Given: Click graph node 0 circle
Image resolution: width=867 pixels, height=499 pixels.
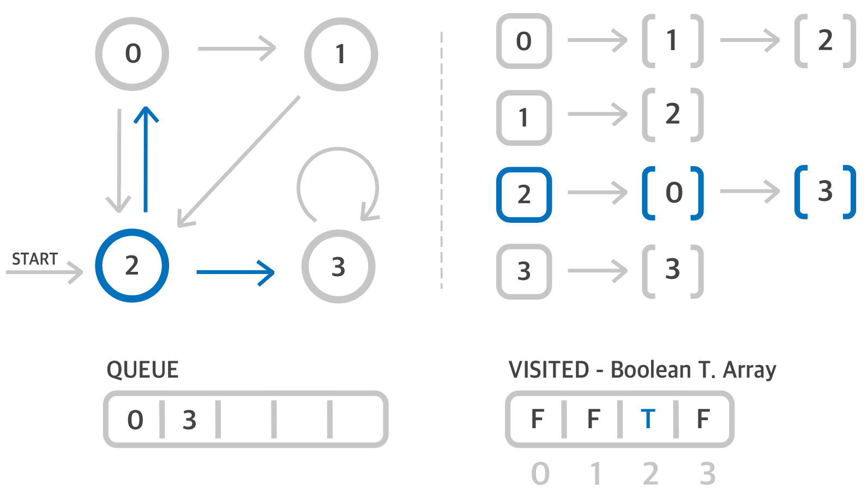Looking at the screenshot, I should (x=133, y=54).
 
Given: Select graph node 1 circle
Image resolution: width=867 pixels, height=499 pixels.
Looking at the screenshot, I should (x=341, y=54).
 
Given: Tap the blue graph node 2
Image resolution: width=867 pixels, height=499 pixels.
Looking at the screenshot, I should (x=132, y=265).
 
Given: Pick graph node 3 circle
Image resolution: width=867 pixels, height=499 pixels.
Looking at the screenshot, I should (x=339, y=266).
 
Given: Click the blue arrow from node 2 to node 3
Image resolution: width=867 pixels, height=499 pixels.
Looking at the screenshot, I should (x=235, y=272).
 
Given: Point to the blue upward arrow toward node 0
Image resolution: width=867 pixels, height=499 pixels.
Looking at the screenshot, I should (x=146, y=158).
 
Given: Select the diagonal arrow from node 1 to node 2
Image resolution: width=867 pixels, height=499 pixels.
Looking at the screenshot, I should (x=240, y=161).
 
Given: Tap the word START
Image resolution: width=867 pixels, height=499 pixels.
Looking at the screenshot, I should (x=35, y=259).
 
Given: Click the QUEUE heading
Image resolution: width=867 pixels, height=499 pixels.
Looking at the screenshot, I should (x=142, y=370).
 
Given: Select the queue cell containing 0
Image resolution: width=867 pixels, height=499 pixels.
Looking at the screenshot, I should (x=135, y=420).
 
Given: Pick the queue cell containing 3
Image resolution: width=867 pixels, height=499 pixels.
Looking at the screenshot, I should (x=189, y=420).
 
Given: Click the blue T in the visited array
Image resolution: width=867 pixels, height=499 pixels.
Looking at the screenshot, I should (x=648, y=419).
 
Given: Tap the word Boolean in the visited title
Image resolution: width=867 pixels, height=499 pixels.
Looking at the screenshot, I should (x=651, y=370).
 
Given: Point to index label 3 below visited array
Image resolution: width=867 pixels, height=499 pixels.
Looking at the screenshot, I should (x=707, y=474).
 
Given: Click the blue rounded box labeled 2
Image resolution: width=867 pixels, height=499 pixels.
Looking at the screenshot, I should (x=524, y=194).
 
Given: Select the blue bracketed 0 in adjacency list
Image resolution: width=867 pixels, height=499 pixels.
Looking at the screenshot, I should (x=673, y=193).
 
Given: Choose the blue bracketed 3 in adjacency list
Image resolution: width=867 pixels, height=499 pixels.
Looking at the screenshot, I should (x=825, y=192).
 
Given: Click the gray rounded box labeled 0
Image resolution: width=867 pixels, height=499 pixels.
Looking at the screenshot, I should (x=524, y=41).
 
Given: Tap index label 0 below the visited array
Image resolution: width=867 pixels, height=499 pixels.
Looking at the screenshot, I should (x=540, y=474).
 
